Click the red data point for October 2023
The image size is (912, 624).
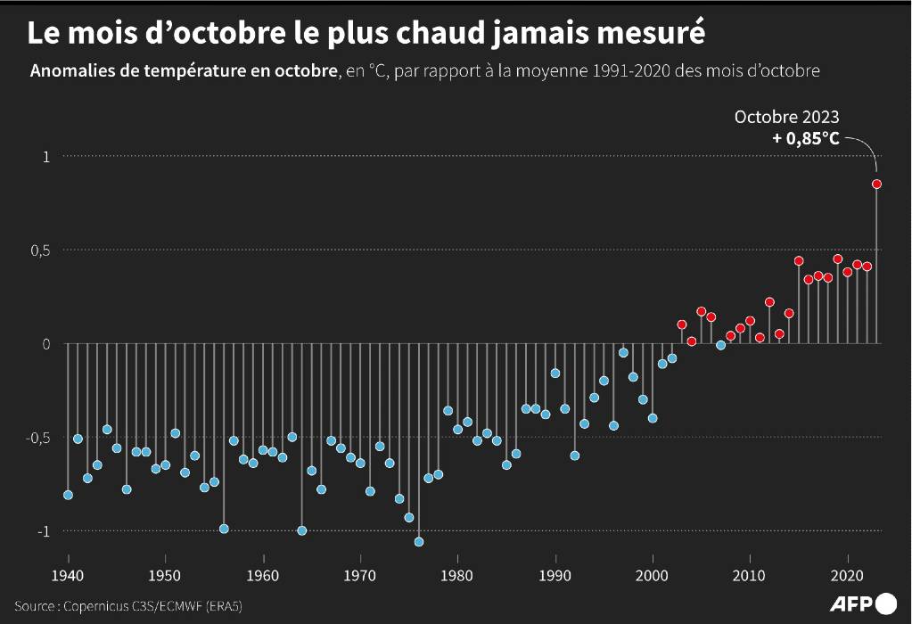tap(876, 184)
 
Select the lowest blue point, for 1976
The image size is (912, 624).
tap(419, 541)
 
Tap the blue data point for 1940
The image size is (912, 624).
tap(68, 495)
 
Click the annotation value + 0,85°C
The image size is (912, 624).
tap(806, 139)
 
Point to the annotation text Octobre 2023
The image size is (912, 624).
tap(786, 117)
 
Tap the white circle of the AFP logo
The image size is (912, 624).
tap(886, 603)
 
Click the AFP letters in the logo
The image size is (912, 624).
tap(852, 603)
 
